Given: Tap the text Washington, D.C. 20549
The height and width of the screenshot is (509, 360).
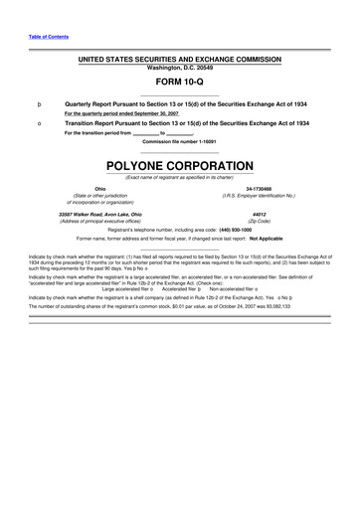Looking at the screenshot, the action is pyautogui.click(x=180, y=69).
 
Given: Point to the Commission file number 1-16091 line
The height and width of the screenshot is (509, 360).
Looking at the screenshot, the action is pyautogui.click(x=180, y=141).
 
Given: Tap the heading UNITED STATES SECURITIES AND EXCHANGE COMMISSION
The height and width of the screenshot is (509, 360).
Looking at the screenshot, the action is pyautogui.click(x=180, y=61).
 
